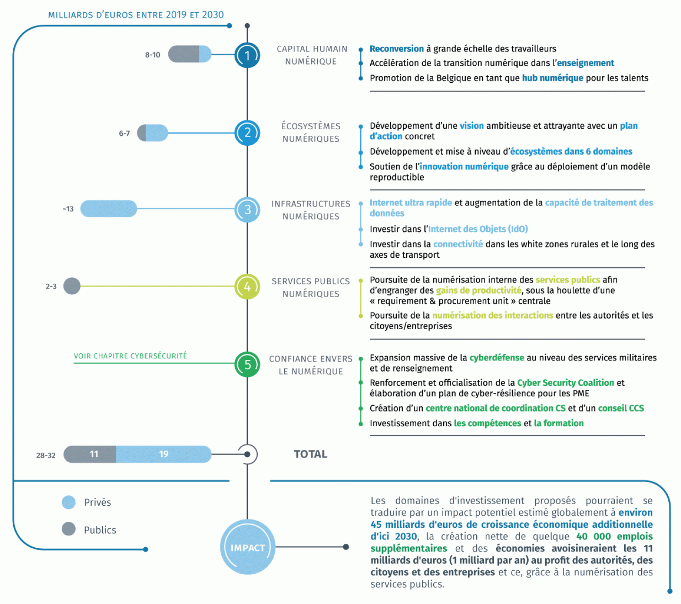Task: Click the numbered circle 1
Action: [247, 55]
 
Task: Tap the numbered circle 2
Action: [247, 133]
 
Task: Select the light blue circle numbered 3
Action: [247, 210]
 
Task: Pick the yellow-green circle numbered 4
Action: [247, 287]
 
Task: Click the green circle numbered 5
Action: [247, 364]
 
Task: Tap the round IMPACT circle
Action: [248, 547]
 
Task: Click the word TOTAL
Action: [311, 454]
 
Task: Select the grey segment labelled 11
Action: [90, 454]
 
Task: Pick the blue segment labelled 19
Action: [164, 454]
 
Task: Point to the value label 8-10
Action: [153, 55]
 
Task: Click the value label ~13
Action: [68, 209]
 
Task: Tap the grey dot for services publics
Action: [72, 286]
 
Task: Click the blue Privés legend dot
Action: [69, 502]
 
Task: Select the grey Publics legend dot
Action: [69, 529]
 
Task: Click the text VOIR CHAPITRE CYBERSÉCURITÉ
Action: [131, 356]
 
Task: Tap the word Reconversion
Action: [397, 49]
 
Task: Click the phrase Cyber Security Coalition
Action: [565, 383]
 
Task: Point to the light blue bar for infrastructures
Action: [109, 209]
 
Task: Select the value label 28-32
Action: [46, 455]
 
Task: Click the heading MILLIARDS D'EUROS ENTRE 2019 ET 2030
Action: [136, 15]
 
